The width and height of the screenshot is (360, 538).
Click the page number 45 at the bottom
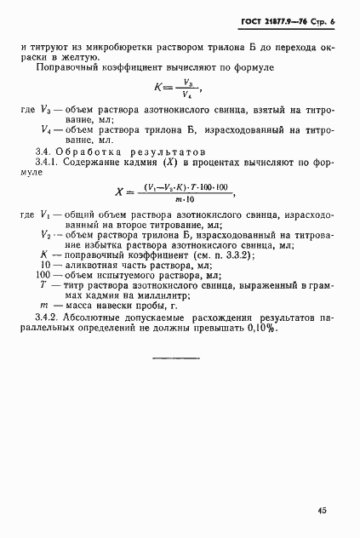point(322,511)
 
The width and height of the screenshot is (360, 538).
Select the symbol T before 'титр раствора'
point(43,286)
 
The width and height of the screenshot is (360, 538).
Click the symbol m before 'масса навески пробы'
point(43,306)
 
